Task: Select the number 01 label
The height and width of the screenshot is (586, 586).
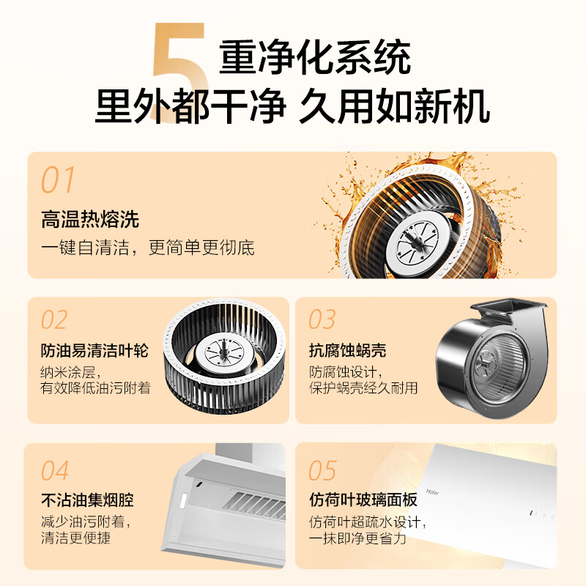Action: click(59, 180)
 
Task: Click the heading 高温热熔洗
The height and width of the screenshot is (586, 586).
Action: click(90, 219)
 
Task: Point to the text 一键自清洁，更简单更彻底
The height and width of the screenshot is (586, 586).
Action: click(147, 248)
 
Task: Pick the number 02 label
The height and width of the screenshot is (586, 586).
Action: click(54, 320)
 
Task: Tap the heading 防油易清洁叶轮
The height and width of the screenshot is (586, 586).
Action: click(94, 351)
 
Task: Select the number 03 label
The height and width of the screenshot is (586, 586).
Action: click(322, 320)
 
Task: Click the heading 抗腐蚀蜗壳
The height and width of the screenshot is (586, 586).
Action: click(347, 351)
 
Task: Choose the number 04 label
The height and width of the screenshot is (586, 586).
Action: click(55, 470)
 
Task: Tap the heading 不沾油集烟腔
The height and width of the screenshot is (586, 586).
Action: click(87, 501)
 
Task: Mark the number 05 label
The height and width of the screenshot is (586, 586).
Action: click(322, 470)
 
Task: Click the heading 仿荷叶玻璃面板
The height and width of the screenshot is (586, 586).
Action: click(363, 501)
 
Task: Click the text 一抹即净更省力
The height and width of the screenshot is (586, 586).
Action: click(357, 539)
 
